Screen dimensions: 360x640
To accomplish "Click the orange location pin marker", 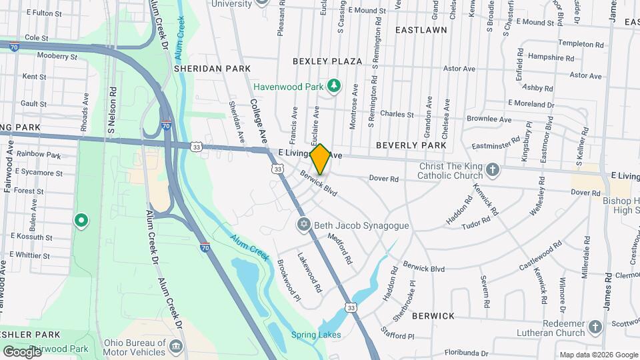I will pyautogui.click(x=320, y=159).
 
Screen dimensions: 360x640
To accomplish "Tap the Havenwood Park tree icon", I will pyautogui.click(x=334, y=85).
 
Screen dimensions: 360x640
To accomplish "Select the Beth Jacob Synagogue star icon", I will pyautogui.click(x=304, y=225).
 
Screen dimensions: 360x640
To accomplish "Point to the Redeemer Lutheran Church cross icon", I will pyautogui.click(x=595, y=327).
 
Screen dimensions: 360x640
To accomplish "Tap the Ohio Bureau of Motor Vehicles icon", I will pyautogui.click(x=176, y=347).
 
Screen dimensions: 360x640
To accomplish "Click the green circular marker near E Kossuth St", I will pyautogui.click(x=81, y=219).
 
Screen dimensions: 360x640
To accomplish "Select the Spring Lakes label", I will pyautogui.click(x=316, y=335).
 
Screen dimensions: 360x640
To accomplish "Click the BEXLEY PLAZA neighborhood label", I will pyautogui.click(x=327, y=61).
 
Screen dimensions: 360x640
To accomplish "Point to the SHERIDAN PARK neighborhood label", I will pyautogui.click(x=212, y=68).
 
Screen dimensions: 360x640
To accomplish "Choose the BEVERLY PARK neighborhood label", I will pyautogui.click(x=411, y=145).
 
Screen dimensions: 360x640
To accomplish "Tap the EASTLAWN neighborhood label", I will pyautogui.click(x=421, y=31).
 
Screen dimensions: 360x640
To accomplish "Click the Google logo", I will pyautogui.click(x=22, y=351).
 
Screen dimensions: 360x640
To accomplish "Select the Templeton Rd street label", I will pyautogui.click(x=562, y=44).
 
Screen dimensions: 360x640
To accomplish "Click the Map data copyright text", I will pyautogui.click(x=597, y=355).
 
